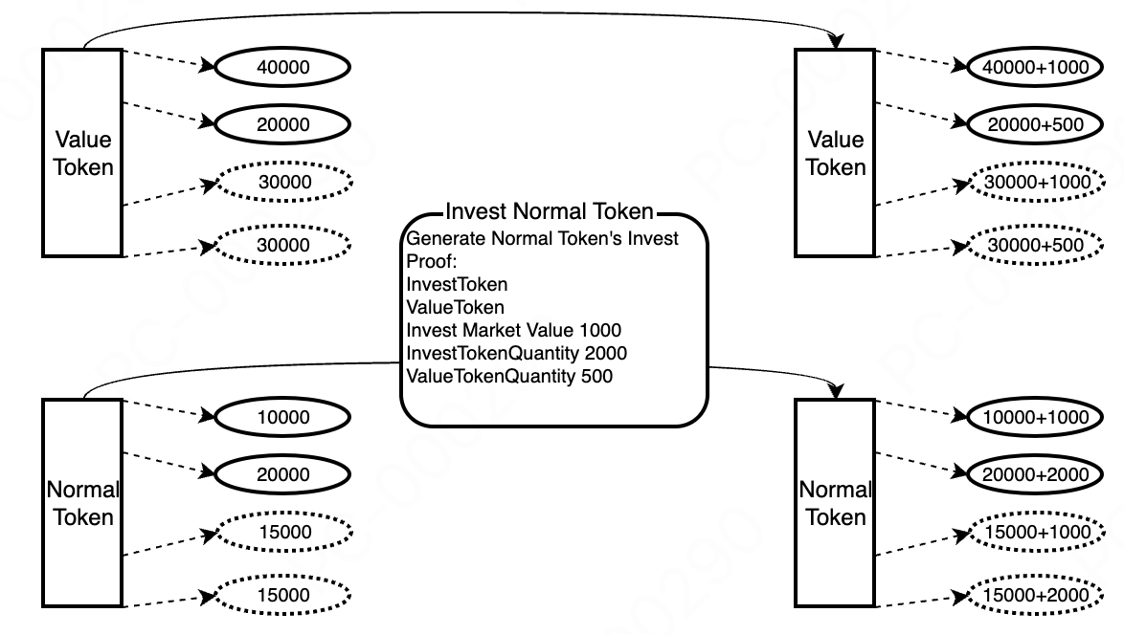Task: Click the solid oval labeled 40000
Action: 283,68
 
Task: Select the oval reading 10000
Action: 283,418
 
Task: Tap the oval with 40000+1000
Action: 1037,68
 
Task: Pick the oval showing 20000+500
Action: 1037,124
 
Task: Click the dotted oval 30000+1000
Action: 1037,182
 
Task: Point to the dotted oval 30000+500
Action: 1037,246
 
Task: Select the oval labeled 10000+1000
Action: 1037,418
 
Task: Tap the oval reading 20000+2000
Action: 1037,474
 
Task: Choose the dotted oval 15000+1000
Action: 1037,532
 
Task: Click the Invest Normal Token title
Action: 551,211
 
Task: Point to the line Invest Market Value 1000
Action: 513,330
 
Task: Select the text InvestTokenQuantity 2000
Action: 517,353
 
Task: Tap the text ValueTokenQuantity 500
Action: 509,376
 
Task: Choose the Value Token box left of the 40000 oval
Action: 82,153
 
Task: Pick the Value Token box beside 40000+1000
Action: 835,153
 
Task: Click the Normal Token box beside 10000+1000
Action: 835,503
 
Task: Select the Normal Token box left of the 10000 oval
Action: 82,503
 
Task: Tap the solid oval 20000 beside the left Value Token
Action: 283,124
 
